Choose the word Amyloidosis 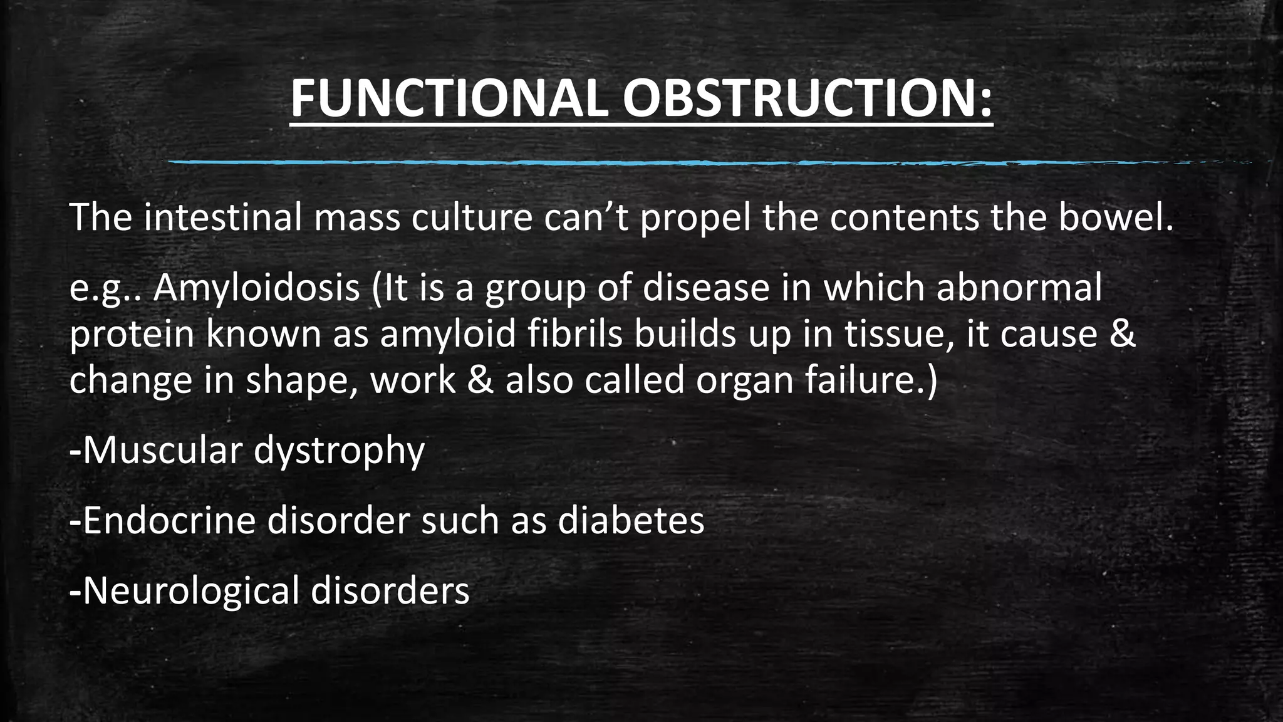(256, 288)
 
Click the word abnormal (1019, 288)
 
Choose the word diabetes (631, 521)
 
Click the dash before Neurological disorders (75, 592)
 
